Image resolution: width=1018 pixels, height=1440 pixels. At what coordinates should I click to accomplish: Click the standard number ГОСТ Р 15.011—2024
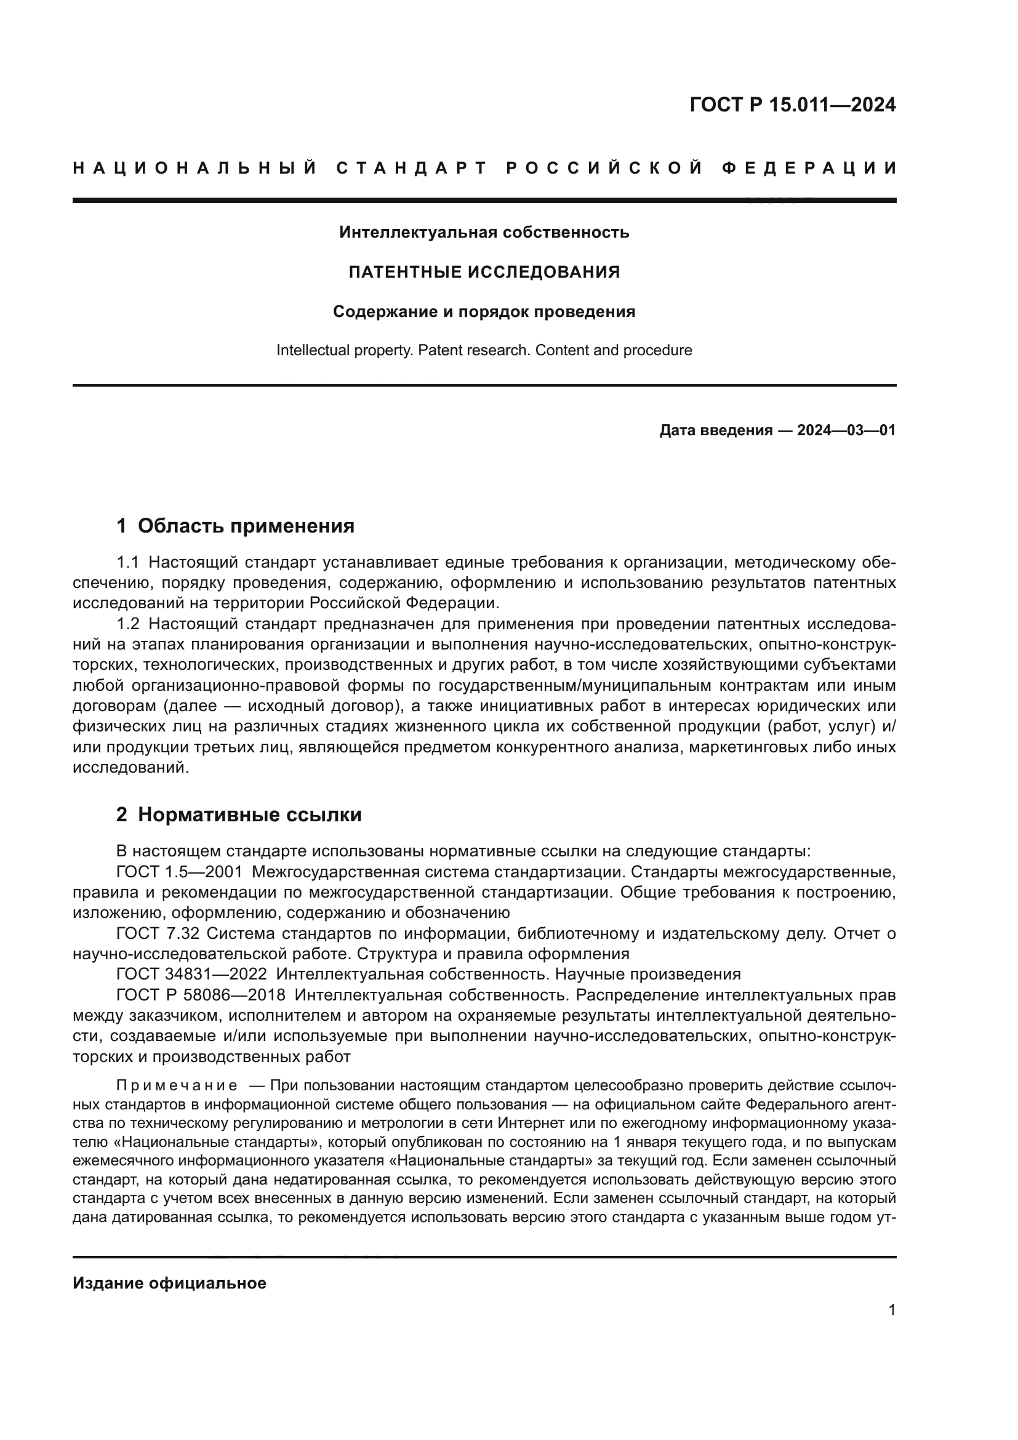tap(792, 105)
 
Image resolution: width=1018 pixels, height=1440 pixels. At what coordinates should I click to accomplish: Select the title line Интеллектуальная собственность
tap(484, 233)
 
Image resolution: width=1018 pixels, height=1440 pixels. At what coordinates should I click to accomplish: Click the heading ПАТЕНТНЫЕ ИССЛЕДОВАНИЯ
tap(484, 272)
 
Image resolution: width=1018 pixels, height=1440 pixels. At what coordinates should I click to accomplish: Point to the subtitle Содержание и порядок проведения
tap(484, 312)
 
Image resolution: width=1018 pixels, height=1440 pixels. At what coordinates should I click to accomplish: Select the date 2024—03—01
tap(846, 430)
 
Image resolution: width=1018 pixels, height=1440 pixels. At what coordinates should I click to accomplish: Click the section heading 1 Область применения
tap(236, 526)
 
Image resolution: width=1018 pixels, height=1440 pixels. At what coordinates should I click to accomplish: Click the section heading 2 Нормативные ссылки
tap(239, 815)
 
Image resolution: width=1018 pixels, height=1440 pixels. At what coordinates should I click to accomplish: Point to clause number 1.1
tap(128, 562)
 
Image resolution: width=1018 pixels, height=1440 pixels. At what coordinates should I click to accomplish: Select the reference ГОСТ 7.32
tap(158, 934)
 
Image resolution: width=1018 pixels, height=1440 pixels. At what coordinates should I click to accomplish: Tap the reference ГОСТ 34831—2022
tap(192, 975)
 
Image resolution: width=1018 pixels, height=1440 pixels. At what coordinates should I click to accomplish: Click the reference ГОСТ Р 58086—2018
tap(201, 996)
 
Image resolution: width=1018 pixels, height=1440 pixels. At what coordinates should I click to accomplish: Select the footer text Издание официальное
tap(169, 1283)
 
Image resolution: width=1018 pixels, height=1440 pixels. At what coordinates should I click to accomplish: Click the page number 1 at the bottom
tap(892, 1309)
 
